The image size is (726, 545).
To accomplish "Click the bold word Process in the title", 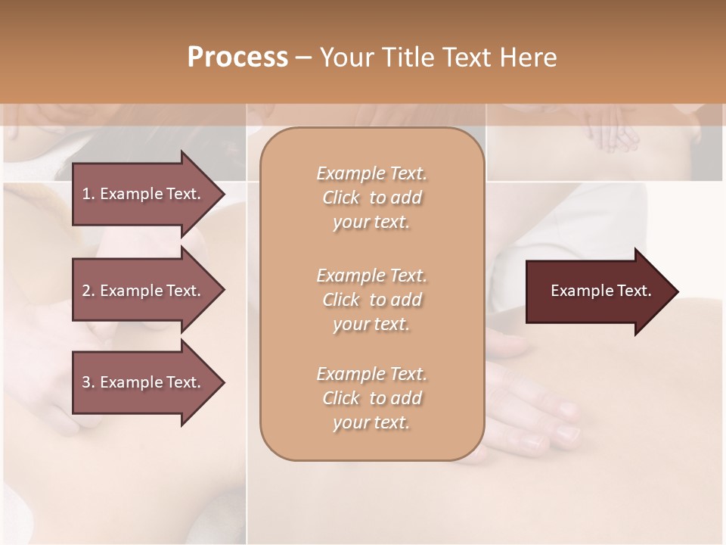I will tap(237, 58).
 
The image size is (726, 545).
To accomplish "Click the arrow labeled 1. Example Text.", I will tap(144, 194).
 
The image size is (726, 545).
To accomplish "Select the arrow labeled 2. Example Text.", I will tap(144, 291).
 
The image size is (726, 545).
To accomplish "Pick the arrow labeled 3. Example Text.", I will tap(144, 382).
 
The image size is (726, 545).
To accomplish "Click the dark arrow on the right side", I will tap(597, 291).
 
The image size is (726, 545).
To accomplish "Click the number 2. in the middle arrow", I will tap(88, 291).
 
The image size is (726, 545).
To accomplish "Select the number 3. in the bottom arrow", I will tap(88, 382).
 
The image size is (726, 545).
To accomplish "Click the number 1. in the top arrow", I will tap(88, 194).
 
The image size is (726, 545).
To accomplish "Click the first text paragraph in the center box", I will tap(371, 198).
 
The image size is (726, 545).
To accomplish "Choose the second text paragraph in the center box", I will tap(371, 300).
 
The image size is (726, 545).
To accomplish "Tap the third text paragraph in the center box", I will tap(371, 398).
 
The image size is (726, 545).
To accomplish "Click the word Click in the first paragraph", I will tap(341, 198).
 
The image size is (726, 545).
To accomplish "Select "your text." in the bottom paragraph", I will tap(371, 423).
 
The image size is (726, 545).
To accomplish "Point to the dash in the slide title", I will tap(304, 58).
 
